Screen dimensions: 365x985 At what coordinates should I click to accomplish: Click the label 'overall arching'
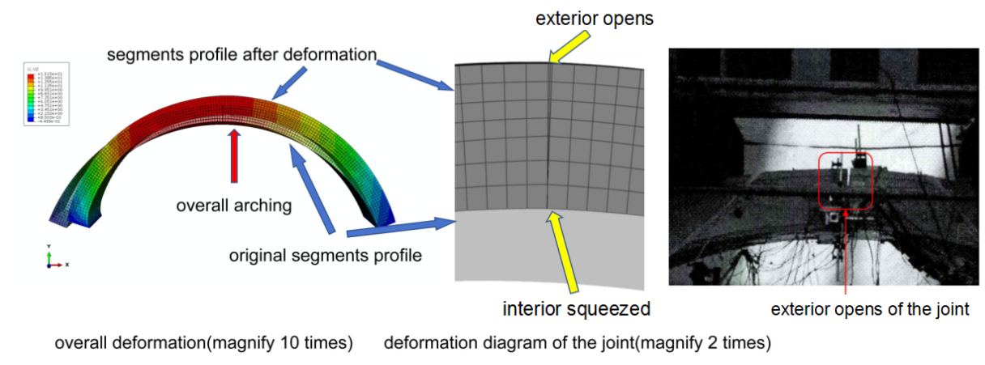tap(233, 206)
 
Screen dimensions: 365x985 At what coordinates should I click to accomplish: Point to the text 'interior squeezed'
tap(577, 308)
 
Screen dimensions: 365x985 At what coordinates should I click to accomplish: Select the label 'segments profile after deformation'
tap(243, 55)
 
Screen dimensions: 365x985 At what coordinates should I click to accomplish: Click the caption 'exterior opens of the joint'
tap(869, 309)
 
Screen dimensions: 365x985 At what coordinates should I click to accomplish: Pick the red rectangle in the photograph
tap(846, 180)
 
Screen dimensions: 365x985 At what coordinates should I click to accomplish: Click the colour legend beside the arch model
tap(45, 95)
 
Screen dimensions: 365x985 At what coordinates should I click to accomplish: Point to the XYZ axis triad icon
tap(53, 258)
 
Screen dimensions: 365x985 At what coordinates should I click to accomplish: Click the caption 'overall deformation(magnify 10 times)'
tap(203, 343)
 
